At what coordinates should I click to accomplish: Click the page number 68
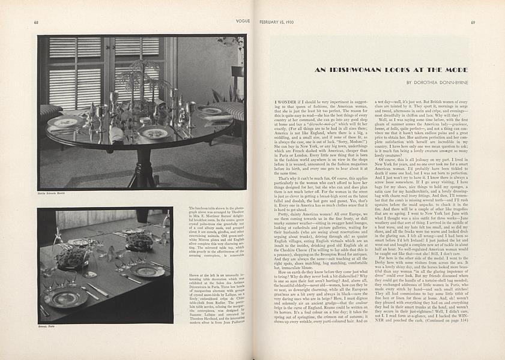click(37, 23)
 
